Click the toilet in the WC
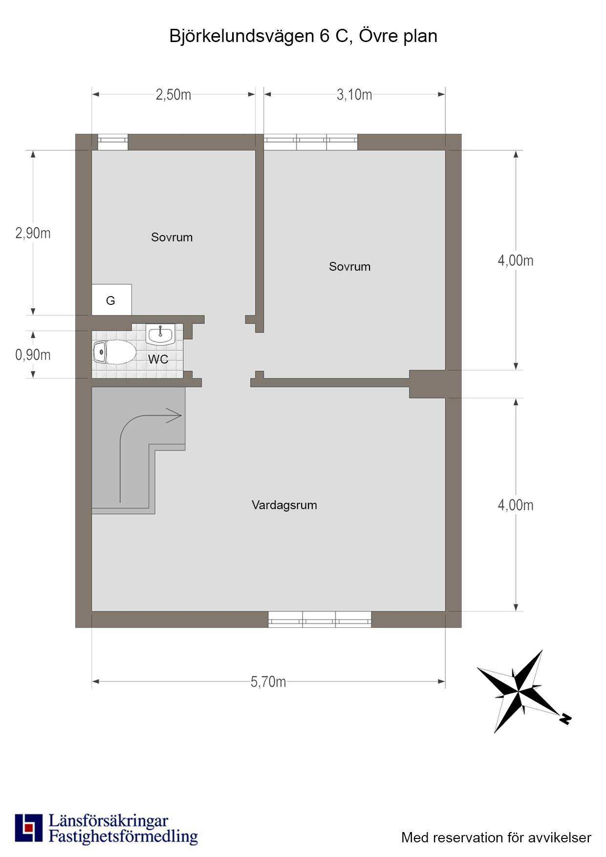pyautogui.click(x=114, y=352)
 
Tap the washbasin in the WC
pyautogui.click(x=160, y=334)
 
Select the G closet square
pyautogui.click(x=111, y=300)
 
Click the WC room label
pyautogui.click(x=158, y=359)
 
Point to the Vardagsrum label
pyautogui.click(x=284, y=505)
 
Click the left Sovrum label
pyautogui.click(x=172, y=237)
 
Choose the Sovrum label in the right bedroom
pyautogui.click(x=349, y=266)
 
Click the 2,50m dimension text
pyautogui.click(x=173, y=94)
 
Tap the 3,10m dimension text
pyautogui.click(x=354, y=94)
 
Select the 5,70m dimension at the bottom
pyautogui.click(x=268, y=682)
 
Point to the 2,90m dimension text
pyautogui.click(x=33, y=233)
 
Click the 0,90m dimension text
pyautogui.click(x=33, y=355)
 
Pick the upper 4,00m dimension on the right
pyautogui.click(x=516, y=260)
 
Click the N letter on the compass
pyautogui.click(x=565, y=719)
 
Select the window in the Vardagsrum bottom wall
pyautogui.click(x=320, y=619)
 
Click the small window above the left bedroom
pyautogui.click(x=112, y=142)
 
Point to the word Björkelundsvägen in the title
pyautogui.click(x=241, y=36)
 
